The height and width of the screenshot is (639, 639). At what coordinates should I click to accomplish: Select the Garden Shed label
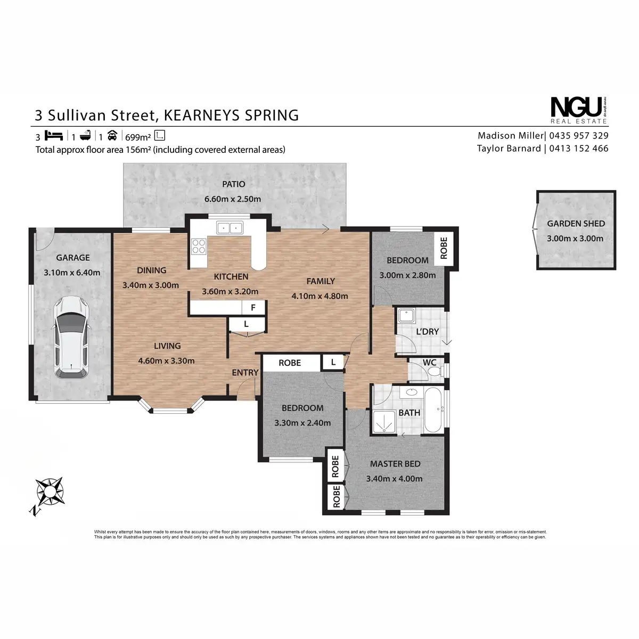pos(576,224)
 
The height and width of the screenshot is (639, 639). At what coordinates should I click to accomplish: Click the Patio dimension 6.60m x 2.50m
pos(233,199)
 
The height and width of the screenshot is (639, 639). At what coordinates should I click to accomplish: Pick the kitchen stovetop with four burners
pos(199,247)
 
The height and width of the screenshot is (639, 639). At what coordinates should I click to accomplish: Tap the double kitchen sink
pos(230,228)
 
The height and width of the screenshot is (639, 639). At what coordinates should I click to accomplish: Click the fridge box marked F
pos(253,308)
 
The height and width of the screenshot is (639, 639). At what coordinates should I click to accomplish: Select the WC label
pos(429,363)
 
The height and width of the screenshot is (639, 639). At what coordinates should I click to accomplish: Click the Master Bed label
pos(395,464)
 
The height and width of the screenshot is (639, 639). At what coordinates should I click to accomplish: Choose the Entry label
pos(245,373)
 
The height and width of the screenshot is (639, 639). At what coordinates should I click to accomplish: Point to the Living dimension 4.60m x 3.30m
pos(166,361)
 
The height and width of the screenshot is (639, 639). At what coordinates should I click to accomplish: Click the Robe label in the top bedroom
pos(444,248)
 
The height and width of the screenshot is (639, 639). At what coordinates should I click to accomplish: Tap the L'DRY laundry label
pos(427,332)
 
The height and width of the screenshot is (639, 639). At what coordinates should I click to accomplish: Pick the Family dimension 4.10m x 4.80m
pos(320,296)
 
